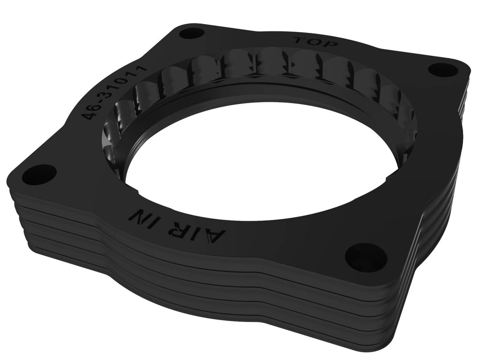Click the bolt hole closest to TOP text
click(191, 33)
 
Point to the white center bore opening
click(262, 159)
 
